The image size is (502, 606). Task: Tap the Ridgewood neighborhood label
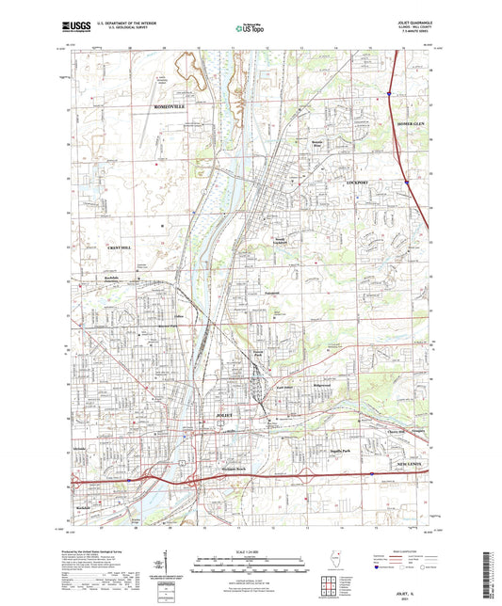(323, 387)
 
